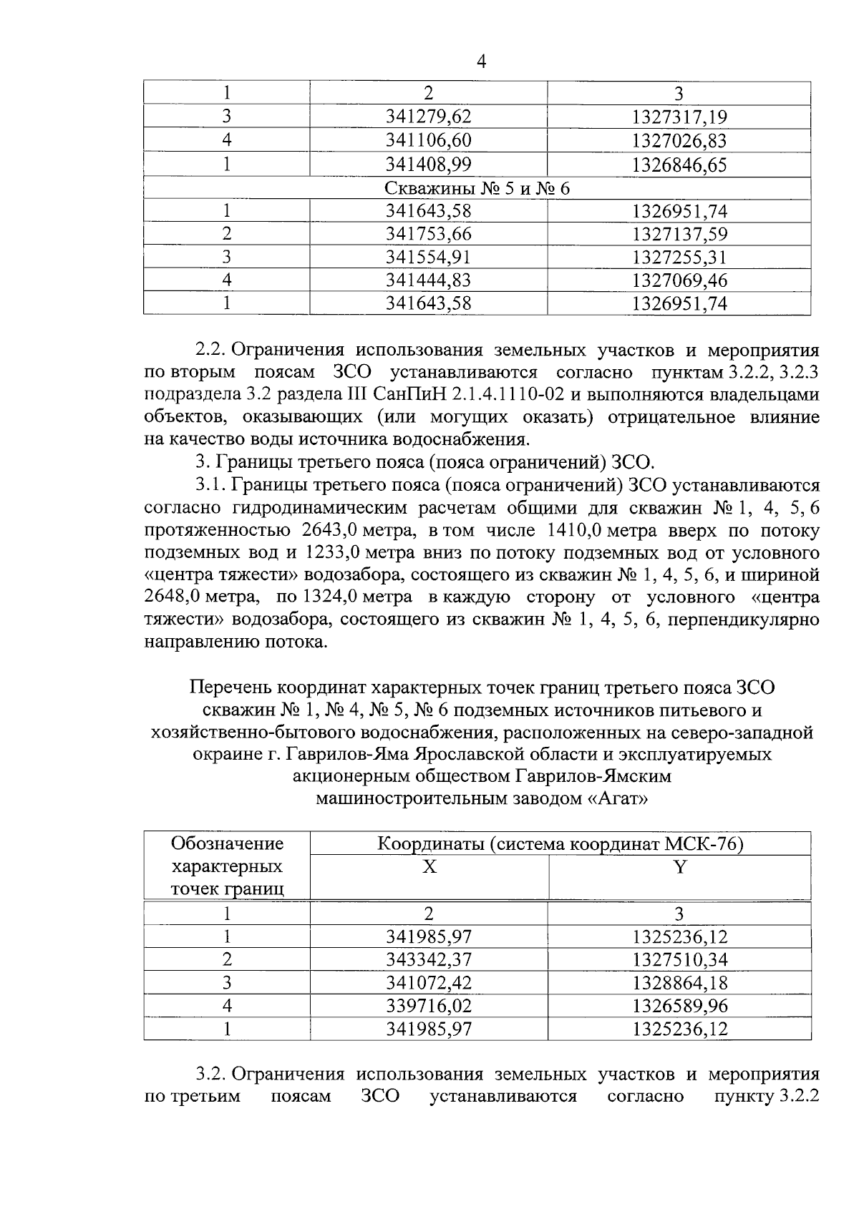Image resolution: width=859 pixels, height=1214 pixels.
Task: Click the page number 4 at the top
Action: click(481, 63)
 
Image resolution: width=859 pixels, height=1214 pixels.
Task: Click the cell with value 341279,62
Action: click(429, 117)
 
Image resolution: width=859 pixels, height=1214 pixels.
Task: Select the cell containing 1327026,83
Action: click(679, 140)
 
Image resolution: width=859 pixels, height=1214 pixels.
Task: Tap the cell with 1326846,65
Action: click(679, 165)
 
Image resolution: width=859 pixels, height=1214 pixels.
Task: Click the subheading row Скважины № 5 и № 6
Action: click(477, 188)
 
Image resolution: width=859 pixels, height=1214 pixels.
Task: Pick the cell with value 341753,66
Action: click(429, 234)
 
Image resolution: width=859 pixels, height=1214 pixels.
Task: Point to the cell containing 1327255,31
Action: click(679, 257)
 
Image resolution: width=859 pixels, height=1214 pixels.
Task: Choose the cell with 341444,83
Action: click(429, 280)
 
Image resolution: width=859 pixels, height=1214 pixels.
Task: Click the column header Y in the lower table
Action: click(679, 867)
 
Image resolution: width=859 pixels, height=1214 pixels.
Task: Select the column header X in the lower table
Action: click(429, 867)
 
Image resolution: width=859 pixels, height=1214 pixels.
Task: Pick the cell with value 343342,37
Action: click(429, 959)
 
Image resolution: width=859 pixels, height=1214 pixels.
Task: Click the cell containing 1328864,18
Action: click(679, 983)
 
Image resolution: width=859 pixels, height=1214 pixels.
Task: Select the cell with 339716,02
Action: click(429, 1006)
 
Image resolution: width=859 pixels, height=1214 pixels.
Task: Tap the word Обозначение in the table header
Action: click(227, 844)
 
